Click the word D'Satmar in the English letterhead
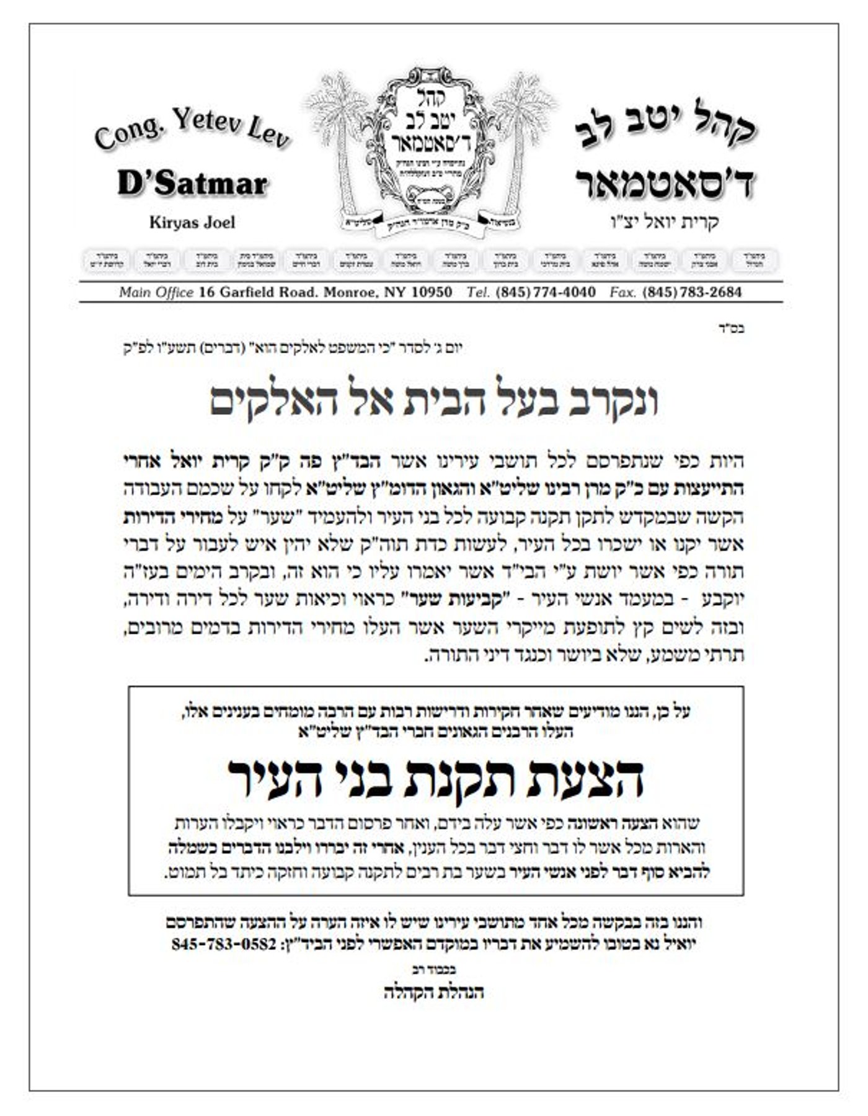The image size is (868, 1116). (x=192, y=184)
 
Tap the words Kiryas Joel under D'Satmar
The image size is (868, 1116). (x=192, y=222)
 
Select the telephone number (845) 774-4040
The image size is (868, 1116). (x=546, y=292)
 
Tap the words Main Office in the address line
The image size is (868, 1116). (x=156, y=292)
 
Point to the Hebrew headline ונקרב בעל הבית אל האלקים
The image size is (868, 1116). (x=433, y=402)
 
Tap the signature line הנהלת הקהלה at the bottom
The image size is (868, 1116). (x=433, y=992)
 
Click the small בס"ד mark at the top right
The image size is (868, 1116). (x=731, y=328)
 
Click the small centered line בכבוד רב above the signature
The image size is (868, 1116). (x=433, y=969)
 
